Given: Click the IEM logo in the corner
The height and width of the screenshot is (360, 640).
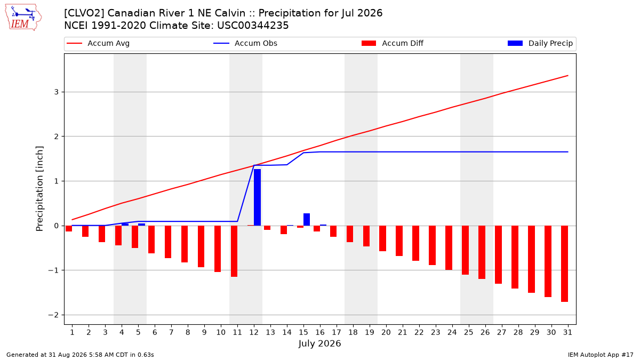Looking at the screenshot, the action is pyautogui.click(x=23, y=18).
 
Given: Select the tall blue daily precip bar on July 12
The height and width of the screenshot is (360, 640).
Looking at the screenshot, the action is pyautogui.click(x=257, y=197).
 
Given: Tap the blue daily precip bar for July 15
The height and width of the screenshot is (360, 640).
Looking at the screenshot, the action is pyautogui.click(x=307, y=219).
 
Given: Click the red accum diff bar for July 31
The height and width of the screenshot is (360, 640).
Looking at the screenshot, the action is pyautogui.click(x=564, y=263).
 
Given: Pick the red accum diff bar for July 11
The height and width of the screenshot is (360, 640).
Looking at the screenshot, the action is pyautogui.click(x=234, y=251).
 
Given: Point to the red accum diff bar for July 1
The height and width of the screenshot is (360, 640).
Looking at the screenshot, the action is pyautogui.click(x=69, y=229).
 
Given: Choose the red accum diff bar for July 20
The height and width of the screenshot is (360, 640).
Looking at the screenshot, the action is pyautogui.click(x=382, y=238).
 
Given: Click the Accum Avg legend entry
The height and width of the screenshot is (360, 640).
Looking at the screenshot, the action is pyautogui.click(x=98, y=43).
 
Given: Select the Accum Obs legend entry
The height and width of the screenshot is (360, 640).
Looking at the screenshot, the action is pyautogui.click(x=245, y=43).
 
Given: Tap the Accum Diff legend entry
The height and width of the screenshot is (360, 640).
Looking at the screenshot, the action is pyautogui.click(x=393, y=43).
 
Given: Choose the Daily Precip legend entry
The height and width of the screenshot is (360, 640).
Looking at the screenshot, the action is pyautogui.click(x=540, y=43).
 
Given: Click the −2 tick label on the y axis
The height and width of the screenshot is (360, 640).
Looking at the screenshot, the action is pyautogui.click(x=53, y=315).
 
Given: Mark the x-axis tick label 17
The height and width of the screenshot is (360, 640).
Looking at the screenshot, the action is pyautogui.click(x=337, y=332).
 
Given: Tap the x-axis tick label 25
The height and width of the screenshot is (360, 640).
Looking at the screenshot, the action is pyautogui.click(x=469, y=332).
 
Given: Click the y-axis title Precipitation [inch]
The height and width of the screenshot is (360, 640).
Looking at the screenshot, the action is pyautogui.click(x=39, y=189).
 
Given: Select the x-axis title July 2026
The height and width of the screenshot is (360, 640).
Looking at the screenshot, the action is pyautogui.click(x=319, y=343).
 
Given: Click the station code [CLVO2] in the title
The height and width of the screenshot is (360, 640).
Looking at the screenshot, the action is pyautogui.click(x=84, y=13).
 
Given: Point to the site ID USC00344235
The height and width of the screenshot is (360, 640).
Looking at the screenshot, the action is pyautogui.click(x=253, y=26).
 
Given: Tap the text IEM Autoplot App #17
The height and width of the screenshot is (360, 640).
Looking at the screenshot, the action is pyautogui.click(x=601, y=355).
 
